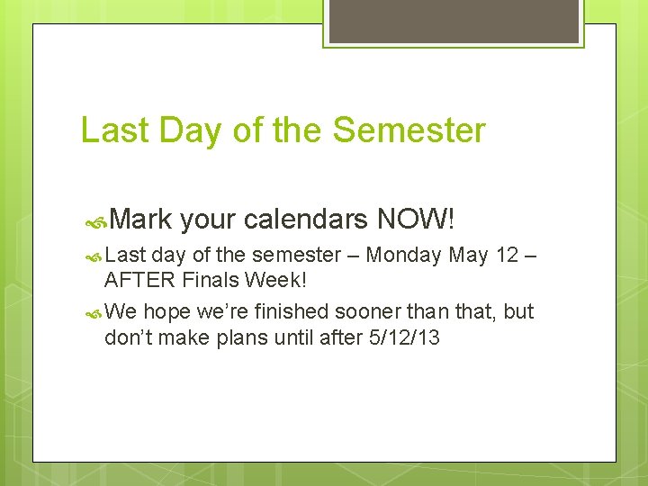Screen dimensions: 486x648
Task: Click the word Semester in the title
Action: point(409,130)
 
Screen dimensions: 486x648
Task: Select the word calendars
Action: point(305,219)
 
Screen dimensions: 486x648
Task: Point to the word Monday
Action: point(403,256)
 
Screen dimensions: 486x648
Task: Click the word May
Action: point(468,256)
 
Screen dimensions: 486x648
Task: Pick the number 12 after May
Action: point(508,256)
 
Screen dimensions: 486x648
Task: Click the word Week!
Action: point(279,280)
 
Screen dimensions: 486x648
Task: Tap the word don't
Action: point(130,338)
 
